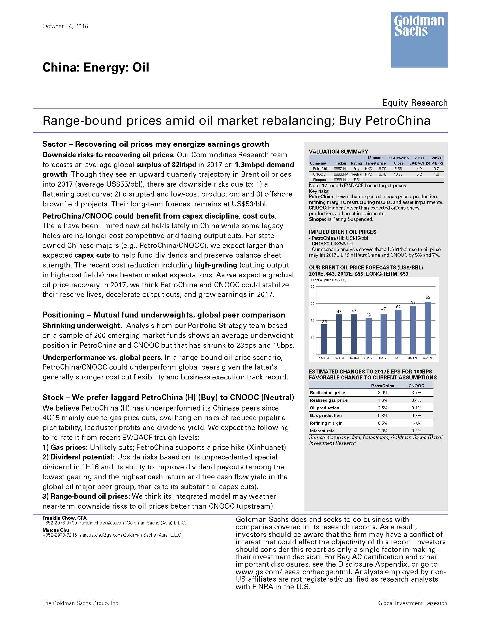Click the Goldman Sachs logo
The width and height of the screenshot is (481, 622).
tap(419, 39)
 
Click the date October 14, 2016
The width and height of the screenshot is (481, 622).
tap(65, 26)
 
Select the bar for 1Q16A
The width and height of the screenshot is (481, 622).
tap(324, 339)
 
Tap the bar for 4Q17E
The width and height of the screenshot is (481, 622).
tap(428, 328)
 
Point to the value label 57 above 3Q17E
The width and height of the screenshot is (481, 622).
tap(413, 303)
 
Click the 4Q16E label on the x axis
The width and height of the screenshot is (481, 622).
tap(368, 358)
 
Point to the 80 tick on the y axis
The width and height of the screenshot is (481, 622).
tap(312, 286)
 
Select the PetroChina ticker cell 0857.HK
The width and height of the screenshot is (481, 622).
tap(341, 169)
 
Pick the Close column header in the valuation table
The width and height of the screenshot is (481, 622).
tap(398, 163)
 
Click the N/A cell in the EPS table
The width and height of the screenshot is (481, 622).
tap(416, 423)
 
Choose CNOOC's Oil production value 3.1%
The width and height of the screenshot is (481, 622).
tap(416, 408)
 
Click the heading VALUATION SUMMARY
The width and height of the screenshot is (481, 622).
tap(338, 152)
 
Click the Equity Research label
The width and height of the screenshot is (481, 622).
tap(415, 103)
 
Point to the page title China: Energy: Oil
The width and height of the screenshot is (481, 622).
tap(96, 68)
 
